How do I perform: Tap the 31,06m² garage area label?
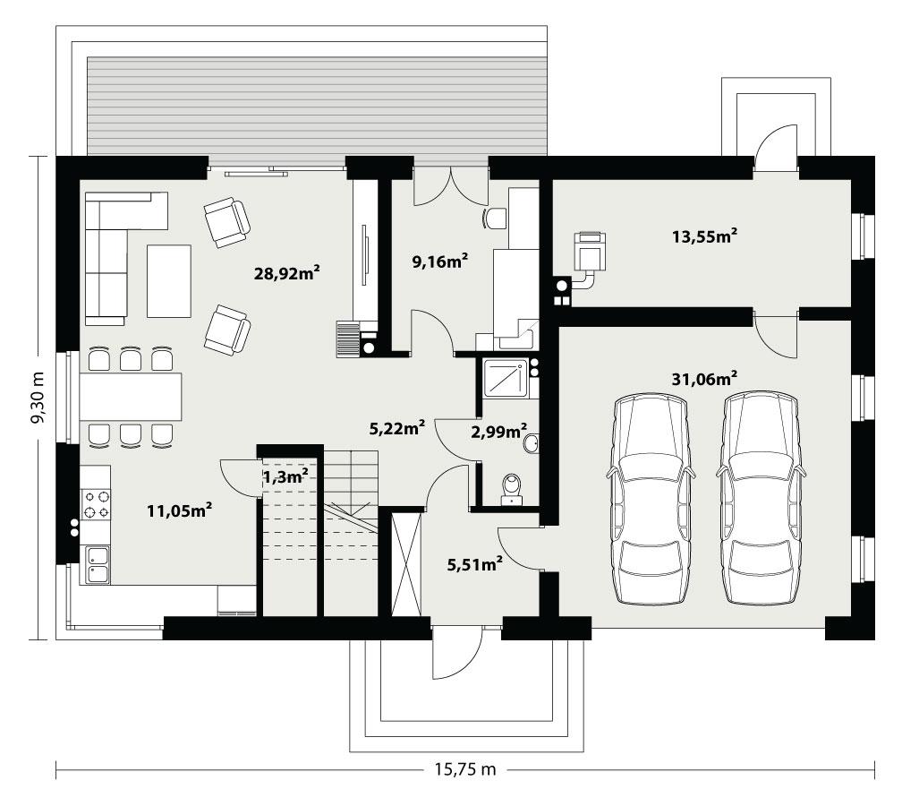pyautogui.click(x=704, y=379)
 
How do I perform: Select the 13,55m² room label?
pyautogui.click(x=704, y=236)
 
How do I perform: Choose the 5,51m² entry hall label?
pyautogui.click(x=473, y=563)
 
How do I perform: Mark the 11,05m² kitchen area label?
pyautogui.click(x=179, y=510)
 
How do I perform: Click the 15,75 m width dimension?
pyautogui.click(x=464, y=768)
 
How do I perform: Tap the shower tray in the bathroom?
pyautogui.click(x=505, y=378)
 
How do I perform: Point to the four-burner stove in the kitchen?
pyautogui.click(x=96, y=504)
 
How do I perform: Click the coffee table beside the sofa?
pyautogui.click(x=169, y=280)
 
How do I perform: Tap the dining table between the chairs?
pyautogui.click(x=131, y=396)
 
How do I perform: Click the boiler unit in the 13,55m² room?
pyautogui.click(x=588, y=251)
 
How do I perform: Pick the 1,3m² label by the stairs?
pyautogui.click(x=285, y=476)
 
